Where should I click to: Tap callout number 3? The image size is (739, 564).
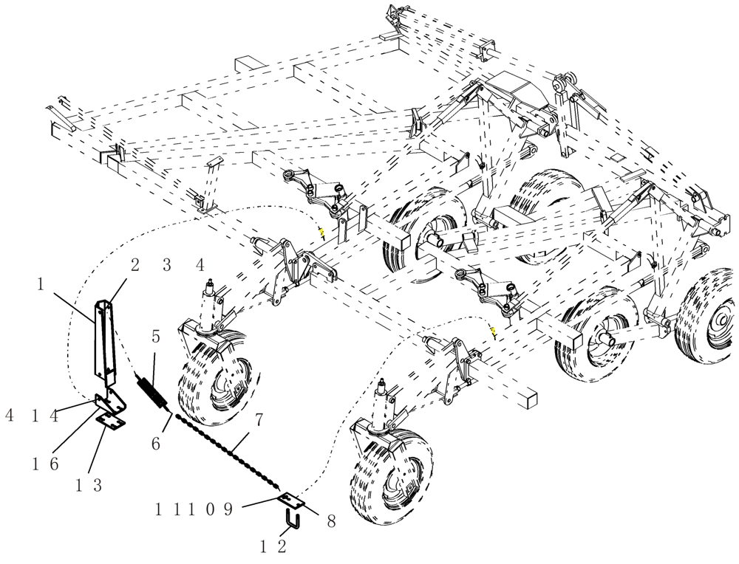(167, 265)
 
